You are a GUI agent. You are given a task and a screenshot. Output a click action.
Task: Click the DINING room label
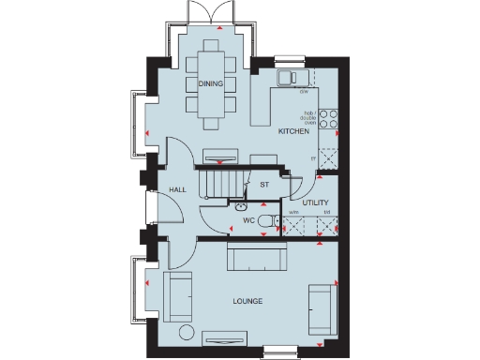click(x=210, y=83)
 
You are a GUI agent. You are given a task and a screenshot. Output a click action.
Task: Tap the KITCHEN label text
click(x=293, y=132)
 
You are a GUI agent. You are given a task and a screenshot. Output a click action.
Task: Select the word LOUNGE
click(x=247, y=301)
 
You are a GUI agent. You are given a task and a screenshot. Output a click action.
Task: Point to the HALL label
click(x=177, y=189)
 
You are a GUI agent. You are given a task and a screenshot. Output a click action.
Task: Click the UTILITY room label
click(x=315, y=202)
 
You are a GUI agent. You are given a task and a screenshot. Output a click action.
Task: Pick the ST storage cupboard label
click(x=264, y=185)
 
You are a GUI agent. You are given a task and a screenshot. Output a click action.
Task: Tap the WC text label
click(x=248, y=220)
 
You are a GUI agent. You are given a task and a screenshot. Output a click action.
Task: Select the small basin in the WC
click(x=241, y=205)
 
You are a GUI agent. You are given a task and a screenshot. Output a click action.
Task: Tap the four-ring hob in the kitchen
click(x=328, y=118)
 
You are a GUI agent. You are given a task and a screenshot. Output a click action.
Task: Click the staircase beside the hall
click(x=218, y=183)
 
